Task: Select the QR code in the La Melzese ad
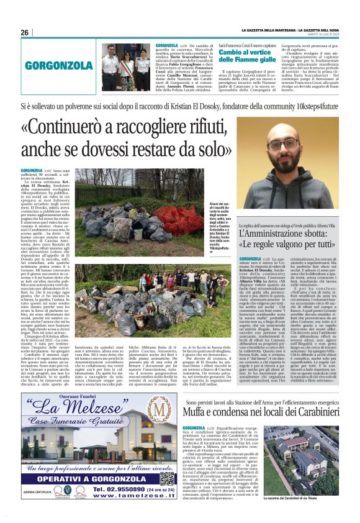[166, 478]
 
